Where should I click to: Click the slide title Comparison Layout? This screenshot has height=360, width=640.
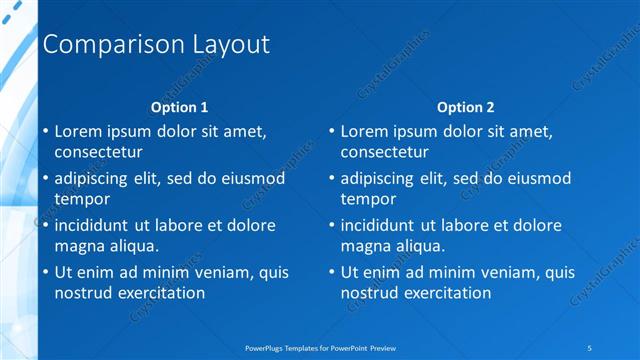157,45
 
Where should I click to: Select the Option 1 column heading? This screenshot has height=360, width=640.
180,107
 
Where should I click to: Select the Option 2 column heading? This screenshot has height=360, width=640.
466,107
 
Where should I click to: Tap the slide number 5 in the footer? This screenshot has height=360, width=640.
590,347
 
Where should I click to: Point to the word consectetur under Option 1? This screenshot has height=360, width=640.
98,153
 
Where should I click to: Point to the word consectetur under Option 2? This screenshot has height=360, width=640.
384,153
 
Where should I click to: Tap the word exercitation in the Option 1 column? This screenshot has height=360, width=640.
159,293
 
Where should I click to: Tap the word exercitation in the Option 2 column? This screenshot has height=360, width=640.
445,293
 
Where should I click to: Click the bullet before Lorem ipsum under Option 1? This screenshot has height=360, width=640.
45,131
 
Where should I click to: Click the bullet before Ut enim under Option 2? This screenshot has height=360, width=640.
331,272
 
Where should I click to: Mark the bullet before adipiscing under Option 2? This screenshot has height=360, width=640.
331,179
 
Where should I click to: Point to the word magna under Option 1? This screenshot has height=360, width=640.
78,246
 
